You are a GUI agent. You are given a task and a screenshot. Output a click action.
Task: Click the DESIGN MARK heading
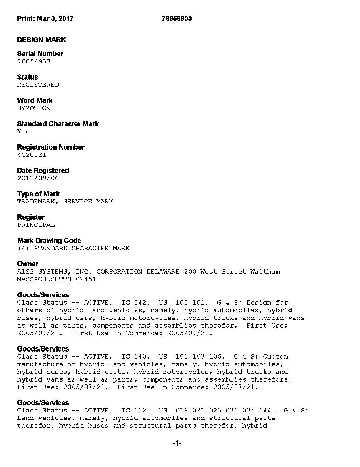[41, 40]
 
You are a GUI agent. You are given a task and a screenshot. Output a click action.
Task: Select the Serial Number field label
[40, 54]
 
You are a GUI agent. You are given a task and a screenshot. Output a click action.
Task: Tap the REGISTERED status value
[38, 85]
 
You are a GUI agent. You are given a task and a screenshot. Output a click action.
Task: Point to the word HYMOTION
[34, 108]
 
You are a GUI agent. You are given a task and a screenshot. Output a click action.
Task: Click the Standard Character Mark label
[58, 124]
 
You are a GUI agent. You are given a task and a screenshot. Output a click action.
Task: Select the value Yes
[23, 131]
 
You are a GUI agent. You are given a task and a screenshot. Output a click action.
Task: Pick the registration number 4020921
[32, 155]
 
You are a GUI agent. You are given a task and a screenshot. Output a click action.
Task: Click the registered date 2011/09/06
[38, 178]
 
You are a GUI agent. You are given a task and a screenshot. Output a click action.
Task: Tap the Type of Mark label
[38, 194]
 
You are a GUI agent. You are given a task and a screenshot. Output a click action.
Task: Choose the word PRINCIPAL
[36, 225]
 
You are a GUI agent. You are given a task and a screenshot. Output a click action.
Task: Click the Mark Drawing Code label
[49, 241]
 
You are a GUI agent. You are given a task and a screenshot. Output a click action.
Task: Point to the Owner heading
[27, 264]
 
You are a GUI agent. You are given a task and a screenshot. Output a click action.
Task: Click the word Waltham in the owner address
[265, 271]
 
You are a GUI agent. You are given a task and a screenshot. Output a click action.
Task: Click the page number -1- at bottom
[177, 444]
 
